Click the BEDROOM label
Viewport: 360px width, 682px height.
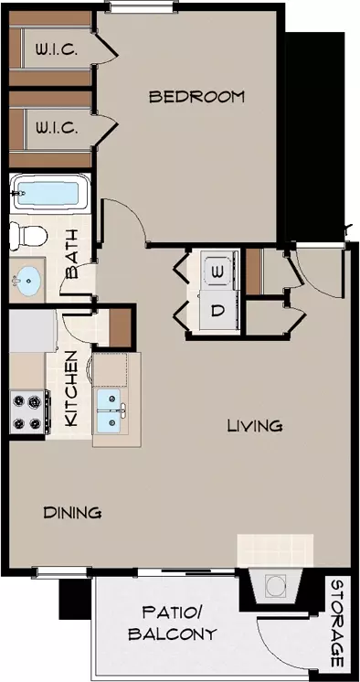196,97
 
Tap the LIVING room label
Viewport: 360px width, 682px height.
255,425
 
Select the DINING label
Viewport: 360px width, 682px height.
72,512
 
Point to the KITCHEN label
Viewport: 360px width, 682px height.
71,388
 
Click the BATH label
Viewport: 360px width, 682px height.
71,254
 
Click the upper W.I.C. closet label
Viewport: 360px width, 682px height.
57,50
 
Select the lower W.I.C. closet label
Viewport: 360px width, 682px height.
57,128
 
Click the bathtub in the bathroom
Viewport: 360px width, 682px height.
49,192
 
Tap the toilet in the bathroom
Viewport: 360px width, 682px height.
28,235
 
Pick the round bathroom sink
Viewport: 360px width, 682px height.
27,279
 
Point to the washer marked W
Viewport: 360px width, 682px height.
217,272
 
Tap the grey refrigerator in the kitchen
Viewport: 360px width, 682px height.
33,331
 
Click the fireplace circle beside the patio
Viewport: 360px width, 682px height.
274,586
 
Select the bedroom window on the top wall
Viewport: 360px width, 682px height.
142,6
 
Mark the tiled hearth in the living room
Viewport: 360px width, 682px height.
275,550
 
